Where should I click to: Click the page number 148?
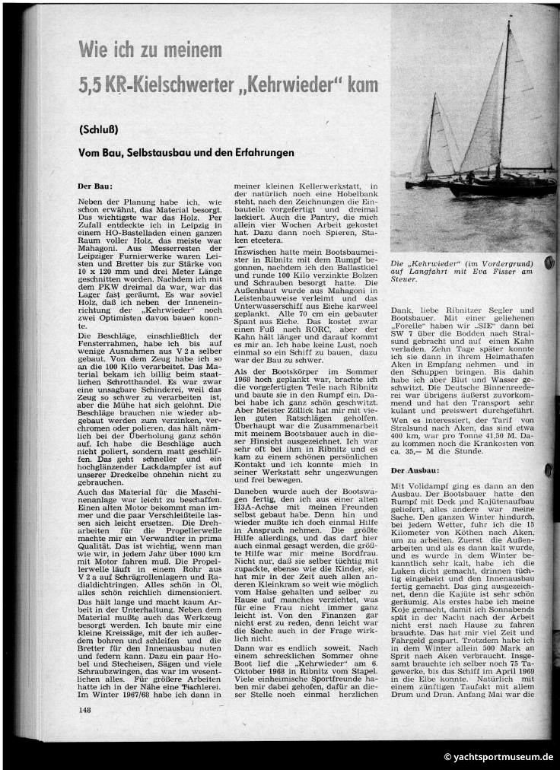[x=84, y=709]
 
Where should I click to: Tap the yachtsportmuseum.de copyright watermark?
[x=498, y=756]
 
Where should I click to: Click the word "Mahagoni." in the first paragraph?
[x=97, y=238]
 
